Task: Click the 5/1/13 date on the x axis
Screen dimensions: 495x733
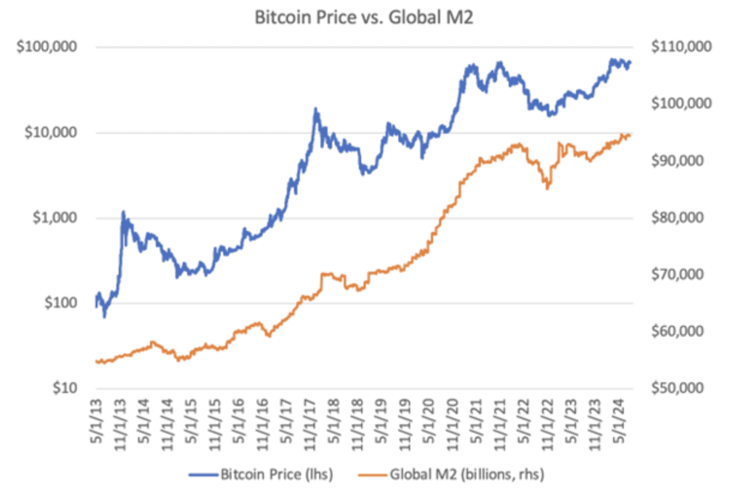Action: pyautogui.click(x=97, y=420)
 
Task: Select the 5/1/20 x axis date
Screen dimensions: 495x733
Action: pyautogui.click(x=428, y=420)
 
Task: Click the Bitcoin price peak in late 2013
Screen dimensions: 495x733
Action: pyautogui.click(x=123, y=212)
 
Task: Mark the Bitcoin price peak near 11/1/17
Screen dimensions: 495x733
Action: pyautogui.click(x=316, y=109)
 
